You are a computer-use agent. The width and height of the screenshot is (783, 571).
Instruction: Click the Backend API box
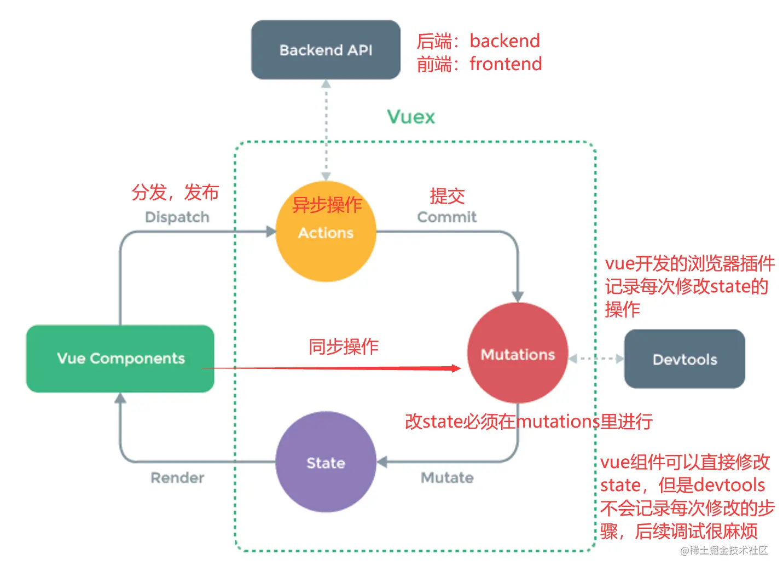click(x=326, y=50)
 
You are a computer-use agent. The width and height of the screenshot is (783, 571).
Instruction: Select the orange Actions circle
click(x=326, y=241)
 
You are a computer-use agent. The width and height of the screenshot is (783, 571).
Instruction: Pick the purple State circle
click(x=326, y=463)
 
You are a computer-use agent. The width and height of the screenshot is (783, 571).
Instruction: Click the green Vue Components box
click(x=120, y=359)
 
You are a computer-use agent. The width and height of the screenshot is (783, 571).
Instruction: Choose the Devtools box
click(x=685, y=359)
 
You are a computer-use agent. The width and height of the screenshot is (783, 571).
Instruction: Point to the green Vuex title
click(x=411, y=117)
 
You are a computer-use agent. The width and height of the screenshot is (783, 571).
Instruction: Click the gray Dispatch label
click(x=177, y=217)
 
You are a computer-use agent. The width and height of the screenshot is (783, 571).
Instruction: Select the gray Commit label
click(x=446, y=217)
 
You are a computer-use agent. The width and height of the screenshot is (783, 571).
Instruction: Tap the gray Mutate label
click(x=446, y=477)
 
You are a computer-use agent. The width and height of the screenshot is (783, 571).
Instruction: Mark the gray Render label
click(x=177, y=477)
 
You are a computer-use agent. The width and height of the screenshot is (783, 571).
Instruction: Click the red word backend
click(x=504, y=41)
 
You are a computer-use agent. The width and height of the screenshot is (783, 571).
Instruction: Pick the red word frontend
click(x=506, y=64)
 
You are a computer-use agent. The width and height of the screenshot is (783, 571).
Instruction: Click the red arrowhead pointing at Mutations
click(x=456, y=368)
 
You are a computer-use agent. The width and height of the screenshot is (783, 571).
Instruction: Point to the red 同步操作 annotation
click(x=343, y=346)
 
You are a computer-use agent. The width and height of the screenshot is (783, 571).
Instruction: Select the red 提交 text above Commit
click(x=446, y=195)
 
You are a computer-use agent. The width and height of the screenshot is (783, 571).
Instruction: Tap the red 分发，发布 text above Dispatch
click(x=175, y=192)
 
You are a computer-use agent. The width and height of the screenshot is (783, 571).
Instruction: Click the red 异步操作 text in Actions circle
click(x=327, y=205)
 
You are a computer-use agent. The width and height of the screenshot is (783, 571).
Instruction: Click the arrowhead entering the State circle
click(x=382, y=463)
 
